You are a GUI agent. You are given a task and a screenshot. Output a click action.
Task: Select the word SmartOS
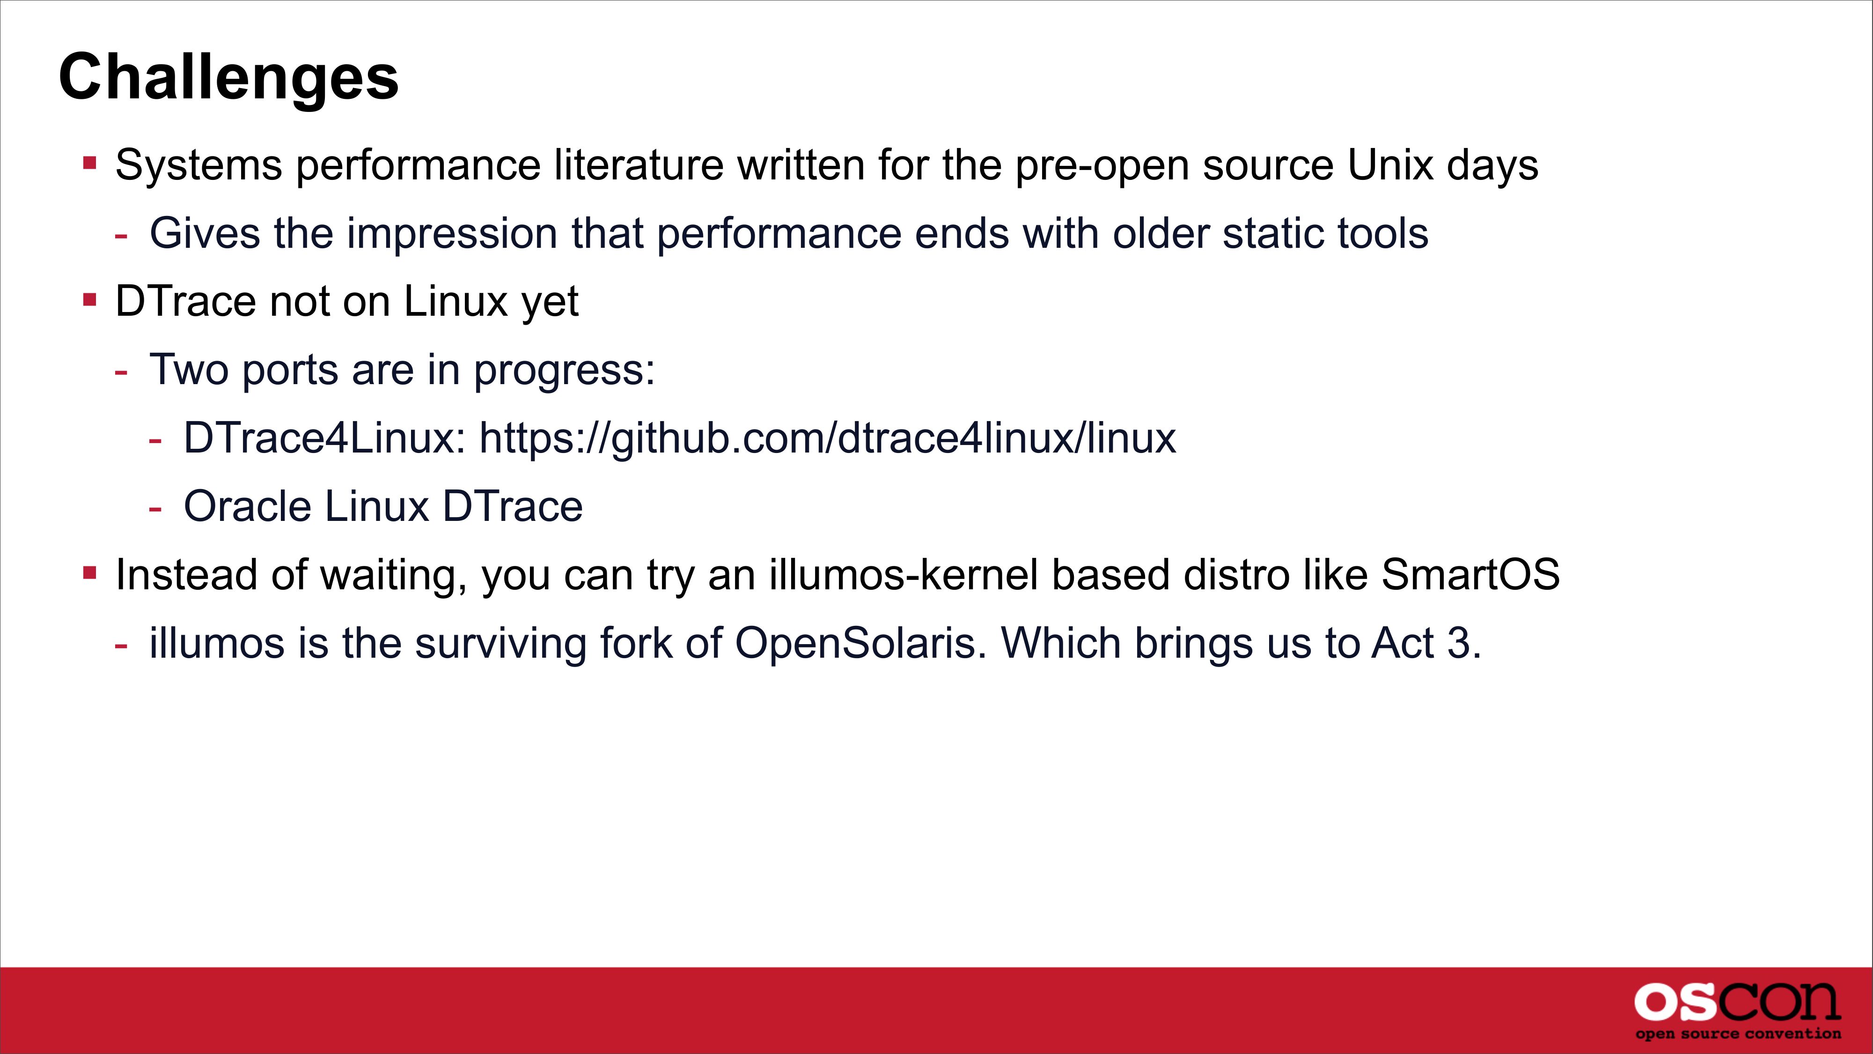coord(1470,575)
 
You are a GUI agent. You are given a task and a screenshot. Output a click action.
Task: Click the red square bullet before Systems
coord(90,162)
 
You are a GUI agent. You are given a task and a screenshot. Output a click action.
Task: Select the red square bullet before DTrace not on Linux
coord(90,299)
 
